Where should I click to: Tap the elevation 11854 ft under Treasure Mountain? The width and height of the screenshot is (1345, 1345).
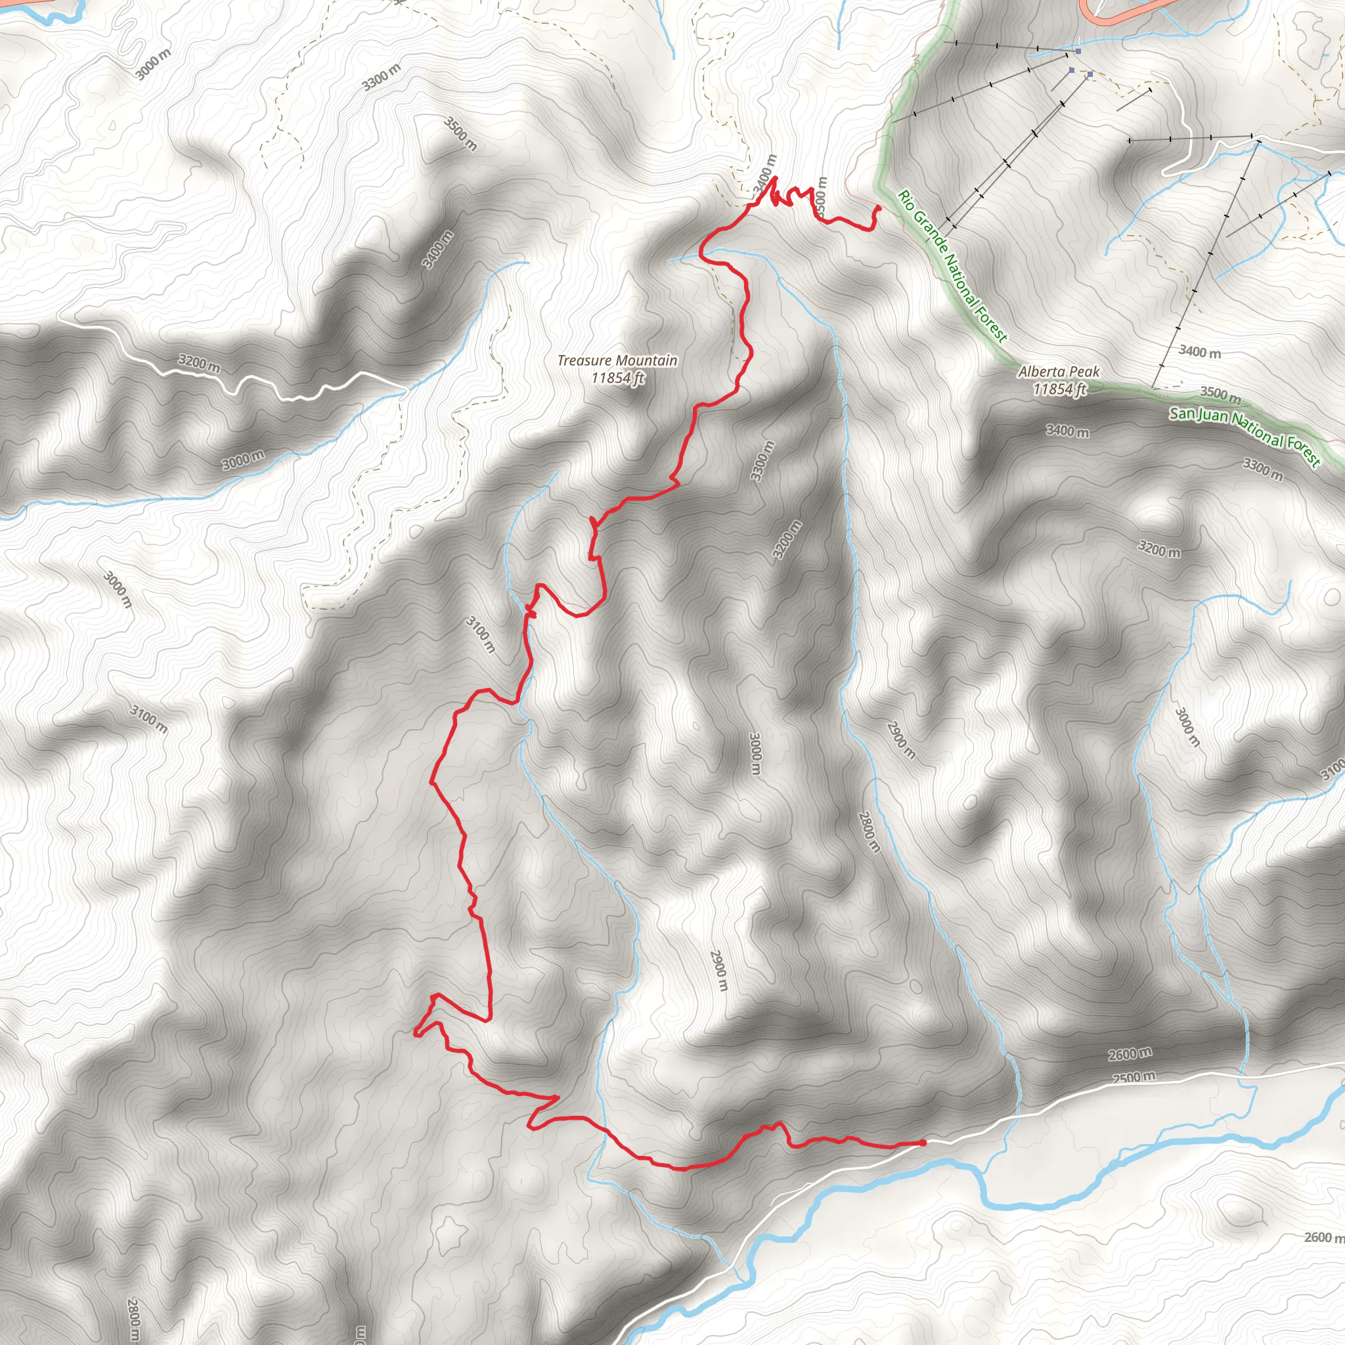tap(617, 378)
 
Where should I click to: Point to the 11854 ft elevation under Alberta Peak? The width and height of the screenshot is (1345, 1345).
tap(1059, 389)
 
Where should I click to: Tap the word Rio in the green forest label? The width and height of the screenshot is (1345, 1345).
tap(905, 198)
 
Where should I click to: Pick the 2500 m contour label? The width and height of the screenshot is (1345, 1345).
tap(1134, 1078)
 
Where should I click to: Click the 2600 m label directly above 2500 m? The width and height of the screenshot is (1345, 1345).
tap(1129, 1055)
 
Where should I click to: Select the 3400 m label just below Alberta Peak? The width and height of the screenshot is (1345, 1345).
tap(1067, 431)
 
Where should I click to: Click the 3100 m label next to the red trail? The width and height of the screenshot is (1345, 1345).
tap(480, 634)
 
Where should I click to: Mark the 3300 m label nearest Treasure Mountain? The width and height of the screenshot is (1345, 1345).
tap(762, 460)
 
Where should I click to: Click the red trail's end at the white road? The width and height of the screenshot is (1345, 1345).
tap(923, 1143)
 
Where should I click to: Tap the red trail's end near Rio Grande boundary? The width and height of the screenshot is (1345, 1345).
tap(879, 207)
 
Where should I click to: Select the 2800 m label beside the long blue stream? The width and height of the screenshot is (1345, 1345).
tap(869, 832)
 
